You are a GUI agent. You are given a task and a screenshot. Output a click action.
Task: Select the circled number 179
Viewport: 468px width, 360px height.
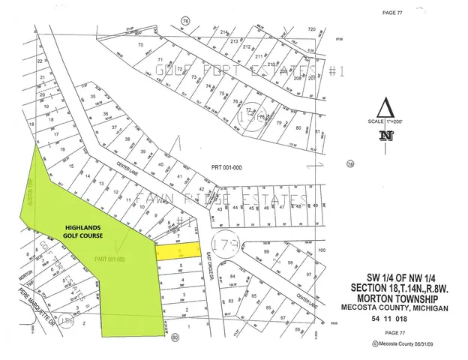point(224,244)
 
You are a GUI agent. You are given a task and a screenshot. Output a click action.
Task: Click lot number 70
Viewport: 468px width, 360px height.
point(140,46)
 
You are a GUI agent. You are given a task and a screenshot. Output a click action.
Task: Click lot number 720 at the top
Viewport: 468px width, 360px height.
point(312,28)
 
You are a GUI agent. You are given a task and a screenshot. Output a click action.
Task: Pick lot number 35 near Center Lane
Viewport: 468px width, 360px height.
point(93,97)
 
